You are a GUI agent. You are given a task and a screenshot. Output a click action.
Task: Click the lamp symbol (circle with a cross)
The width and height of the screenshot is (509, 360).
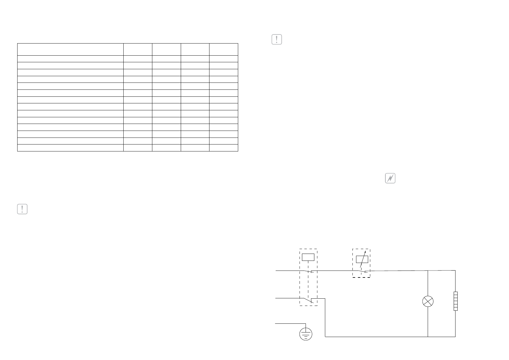(x=428, y=301)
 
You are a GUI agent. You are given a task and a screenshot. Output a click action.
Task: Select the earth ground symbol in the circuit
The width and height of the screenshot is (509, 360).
(x=306, y=334)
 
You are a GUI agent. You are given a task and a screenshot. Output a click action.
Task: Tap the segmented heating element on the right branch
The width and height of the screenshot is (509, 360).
(x=455, y=301)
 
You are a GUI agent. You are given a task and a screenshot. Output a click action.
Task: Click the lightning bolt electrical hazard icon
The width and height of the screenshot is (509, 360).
(x=391, y=179)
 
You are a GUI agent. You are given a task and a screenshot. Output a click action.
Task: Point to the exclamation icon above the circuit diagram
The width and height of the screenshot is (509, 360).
(x=277, y=40)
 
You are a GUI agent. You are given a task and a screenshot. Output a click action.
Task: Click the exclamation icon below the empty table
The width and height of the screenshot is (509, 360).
(x=22, y=209)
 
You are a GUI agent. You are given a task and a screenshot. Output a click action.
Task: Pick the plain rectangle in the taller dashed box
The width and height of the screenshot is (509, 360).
(x=308, y=257)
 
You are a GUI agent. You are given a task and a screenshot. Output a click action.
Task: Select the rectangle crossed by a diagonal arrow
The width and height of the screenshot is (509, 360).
(x=362, y=259)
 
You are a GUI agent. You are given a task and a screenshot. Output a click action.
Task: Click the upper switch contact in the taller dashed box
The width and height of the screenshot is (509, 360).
(x=309, y=271)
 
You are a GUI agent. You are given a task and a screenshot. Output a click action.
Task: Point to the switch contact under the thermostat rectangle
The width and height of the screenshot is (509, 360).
(x=362, y=271)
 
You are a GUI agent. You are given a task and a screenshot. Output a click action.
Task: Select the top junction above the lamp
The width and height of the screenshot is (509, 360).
(x=428, y=271)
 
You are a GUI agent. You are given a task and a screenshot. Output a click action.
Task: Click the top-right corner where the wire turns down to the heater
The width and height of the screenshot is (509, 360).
(x=455, y=271)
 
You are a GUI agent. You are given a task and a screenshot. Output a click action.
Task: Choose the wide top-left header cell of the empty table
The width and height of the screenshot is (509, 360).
(x=70, y=49)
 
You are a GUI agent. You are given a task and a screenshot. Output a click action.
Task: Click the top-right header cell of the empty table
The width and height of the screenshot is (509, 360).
(x=224, y=49)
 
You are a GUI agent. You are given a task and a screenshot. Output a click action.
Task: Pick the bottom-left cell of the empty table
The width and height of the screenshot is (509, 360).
(x=70, y=148)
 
